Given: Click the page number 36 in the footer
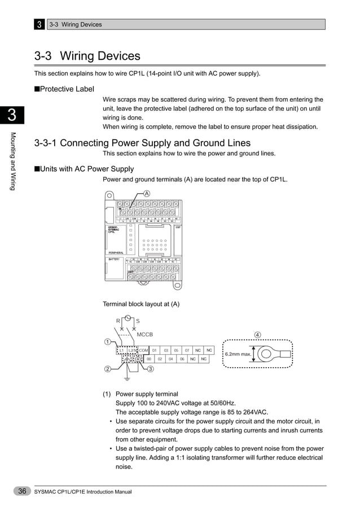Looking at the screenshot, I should pyautogui.click(x=22, y=491).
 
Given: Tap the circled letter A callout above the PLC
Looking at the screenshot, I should pyautogui.click(x=147, y=193).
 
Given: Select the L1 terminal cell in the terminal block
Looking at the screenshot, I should pyautogui.click(x=122, y=350).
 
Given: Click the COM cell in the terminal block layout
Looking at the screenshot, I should pyautogui.click(x=143, y=350).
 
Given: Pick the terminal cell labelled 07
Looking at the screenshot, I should pyautogui.click(x=187, y=350).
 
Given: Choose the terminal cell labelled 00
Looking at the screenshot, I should pyautogui.click(x=149, y=359).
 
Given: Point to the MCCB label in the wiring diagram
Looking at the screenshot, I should pyautogui.click(x=146, y=334).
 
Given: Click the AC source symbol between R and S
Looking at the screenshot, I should pyautogui.click(x=128, y=319).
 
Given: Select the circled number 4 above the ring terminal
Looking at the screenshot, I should pyautogui.click(x=258, y=334).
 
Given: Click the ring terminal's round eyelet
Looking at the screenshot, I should pyautogui.click(x=266, y=354).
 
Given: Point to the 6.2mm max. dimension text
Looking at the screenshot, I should pyautogui.click(x=237, y=354).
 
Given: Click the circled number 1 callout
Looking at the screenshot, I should pyautogui.click(x=107, y=341).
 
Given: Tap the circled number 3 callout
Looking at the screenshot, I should pyautogui.click(x=151, y=369).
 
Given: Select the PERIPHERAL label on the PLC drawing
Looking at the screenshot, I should pyautogui.click(x=117, y=252).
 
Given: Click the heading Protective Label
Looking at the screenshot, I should pyautogui.click(x=67, y=89).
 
